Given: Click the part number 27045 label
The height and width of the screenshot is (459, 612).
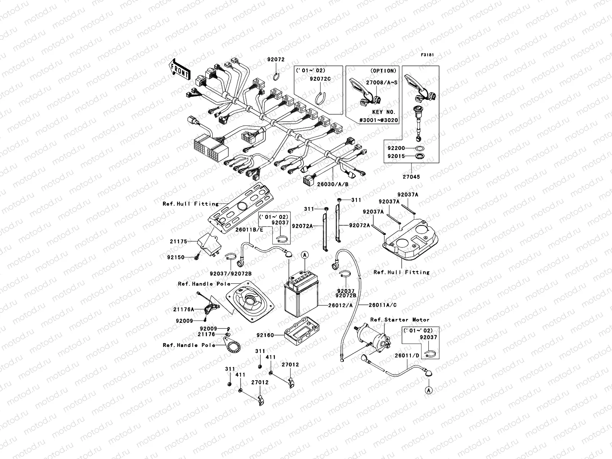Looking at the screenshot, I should click(x=410, y=177).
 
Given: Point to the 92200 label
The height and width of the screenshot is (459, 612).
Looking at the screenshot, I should click(x=396, y=148).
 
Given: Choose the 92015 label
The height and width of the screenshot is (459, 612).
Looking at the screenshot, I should click(x=396, y=156).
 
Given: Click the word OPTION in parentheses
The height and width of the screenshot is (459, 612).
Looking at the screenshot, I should click(x=383, y=71).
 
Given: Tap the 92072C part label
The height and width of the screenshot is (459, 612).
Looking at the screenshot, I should click(x=320, y=79).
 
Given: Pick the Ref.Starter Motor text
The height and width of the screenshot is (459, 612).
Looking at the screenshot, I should click(x=400, y=320).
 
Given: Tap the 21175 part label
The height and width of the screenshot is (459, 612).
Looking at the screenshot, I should click(x=178, y=241).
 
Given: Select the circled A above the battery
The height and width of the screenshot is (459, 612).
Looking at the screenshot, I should click(x=304, y=254).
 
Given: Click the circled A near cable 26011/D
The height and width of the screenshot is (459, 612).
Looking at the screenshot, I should click(x=429, y=390).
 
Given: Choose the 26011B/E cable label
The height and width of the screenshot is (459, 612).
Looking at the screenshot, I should click(x=249, y=229).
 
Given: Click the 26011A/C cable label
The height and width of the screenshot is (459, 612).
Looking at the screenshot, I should click(x=383, y=305).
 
